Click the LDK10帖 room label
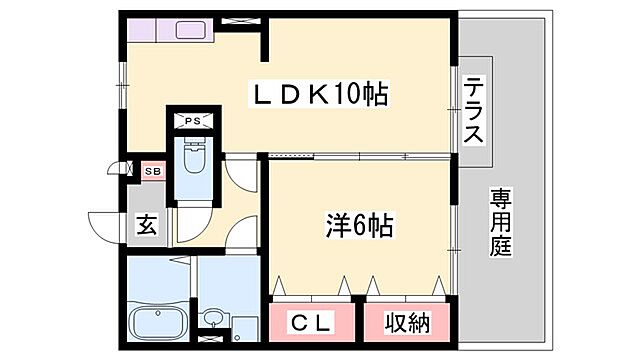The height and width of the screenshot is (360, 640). (x=318, y=96)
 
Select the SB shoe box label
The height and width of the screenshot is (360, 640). (x=152, y=172)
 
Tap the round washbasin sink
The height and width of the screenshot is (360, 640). (x=211, y=320)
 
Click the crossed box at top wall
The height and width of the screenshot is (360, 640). (x=240, y=19)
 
